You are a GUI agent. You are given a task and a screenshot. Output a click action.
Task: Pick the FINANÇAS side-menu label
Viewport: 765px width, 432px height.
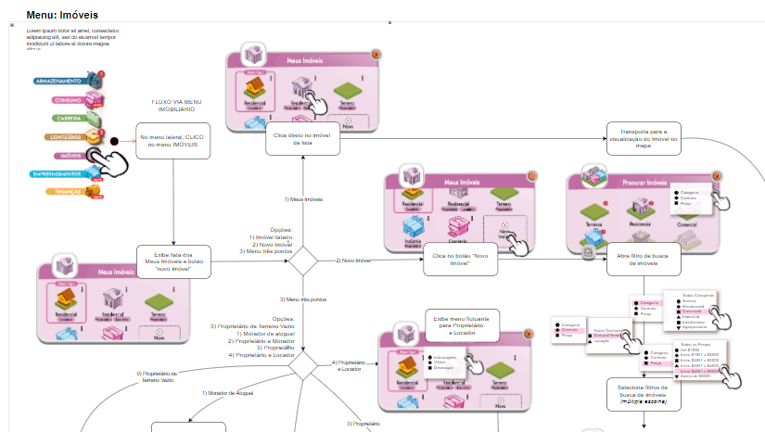(x=70, y=192)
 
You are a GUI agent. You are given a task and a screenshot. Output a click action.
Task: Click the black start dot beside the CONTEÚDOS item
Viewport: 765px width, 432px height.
(x=115, y=142)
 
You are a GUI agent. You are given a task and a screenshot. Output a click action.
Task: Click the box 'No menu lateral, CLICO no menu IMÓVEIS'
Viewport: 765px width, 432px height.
(x=172, y=142)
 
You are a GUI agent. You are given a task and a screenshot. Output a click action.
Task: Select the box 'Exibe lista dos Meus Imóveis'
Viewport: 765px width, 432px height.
(x=172, y=262)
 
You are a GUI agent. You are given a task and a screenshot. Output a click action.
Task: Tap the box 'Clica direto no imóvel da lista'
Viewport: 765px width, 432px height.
(x=302, y=139)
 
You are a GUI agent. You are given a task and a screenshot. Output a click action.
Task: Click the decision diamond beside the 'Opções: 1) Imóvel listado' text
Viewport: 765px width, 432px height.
(x=303, y=260)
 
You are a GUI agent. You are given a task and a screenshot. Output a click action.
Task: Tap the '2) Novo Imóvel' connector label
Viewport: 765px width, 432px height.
(x=353, y=261)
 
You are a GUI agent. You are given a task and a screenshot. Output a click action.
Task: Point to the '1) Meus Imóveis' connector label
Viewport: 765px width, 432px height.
(x=303, y=199)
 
